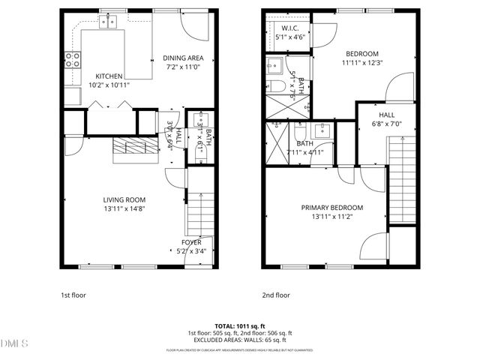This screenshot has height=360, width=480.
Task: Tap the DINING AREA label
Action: point(184,58)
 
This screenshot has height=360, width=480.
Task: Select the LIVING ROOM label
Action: point(124,199)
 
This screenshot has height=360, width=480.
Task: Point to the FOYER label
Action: point(191,242)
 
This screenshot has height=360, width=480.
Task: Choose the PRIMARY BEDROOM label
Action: point(332,208)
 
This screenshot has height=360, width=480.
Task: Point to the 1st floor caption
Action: point(73,295)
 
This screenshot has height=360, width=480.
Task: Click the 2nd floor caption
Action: point(275,295)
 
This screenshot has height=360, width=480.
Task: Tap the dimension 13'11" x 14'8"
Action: point(124,208)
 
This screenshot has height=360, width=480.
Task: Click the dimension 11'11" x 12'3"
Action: point(361,63)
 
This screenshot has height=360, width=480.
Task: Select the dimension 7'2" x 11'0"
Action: point(184,67)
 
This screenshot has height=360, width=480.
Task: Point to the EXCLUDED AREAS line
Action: point(240,340)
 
